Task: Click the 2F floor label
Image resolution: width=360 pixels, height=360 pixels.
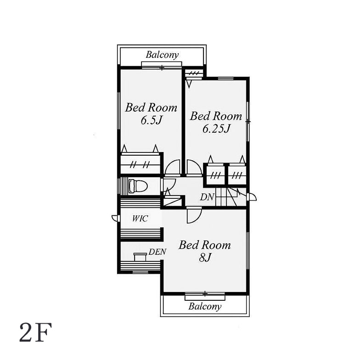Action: [36, 332]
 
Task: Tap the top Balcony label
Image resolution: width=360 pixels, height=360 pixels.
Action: [162, 55]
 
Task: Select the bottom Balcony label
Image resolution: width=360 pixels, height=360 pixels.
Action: [205, 307]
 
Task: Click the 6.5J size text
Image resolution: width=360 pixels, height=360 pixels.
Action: [152, 120]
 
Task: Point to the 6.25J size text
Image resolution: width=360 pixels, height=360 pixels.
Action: [216, 129]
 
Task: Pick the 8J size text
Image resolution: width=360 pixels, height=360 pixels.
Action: [205, 258]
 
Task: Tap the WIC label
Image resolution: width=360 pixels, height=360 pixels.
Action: [140, 219]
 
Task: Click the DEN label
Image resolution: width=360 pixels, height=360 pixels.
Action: [157, 252]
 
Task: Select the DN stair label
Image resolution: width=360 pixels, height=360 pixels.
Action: [207, 197]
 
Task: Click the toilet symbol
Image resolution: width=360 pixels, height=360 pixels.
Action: [138, 186]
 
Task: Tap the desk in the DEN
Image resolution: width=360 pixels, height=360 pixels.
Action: [141, 257]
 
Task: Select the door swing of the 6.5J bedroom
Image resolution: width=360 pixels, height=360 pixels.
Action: [173, 167]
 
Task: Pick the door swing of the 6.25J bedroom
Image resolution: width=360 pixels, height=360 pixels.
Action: [194, 167]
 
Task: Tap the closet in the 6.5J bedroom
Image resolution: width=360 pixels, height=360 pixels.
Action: [141, 164]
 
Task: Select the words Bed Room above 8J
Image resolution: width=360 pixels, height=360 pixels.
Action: [205, 245]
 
